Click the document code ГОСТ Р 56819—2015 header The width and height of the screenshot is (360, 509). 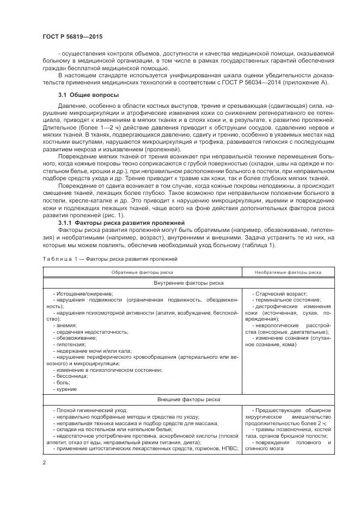click(x=72, y=36)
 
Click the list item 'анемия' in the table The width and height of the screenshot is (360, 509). click(x=66, y=325)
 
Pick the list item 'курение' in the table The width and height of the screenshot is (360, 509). click(x=67, y=389)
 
